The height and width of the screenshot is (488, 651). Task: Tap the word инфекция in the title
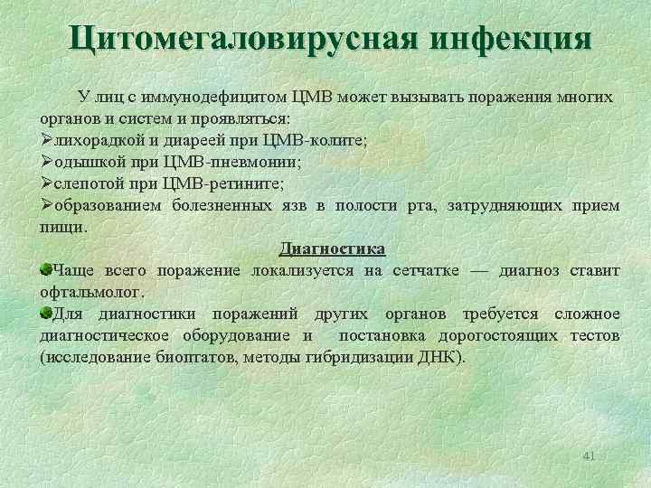(x=513, y=39)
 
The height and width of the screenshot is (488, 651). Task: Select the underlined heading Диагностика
(x=332, y=249)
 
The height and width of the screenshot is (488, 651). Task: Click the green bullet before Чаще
(x=46, y=269)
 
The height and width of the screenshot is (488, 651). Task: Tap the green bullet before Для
(x=46, y=313)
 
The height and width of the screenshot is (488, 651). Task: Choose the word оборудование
(x=238, y=336)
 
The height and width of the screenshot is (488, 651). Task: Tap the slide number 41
(x=589, y=455)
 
